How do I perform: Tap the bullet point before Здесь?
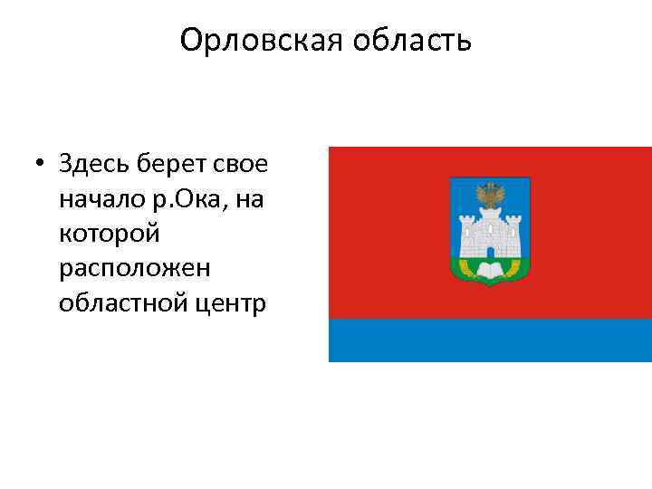[41, 165]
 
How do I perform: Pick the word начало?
[98, 198]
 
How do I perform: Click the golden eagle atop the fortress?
[490, 196]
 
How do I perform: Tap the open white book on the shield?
[490, 269]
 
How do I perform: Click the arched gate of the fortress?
[490, 251]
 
